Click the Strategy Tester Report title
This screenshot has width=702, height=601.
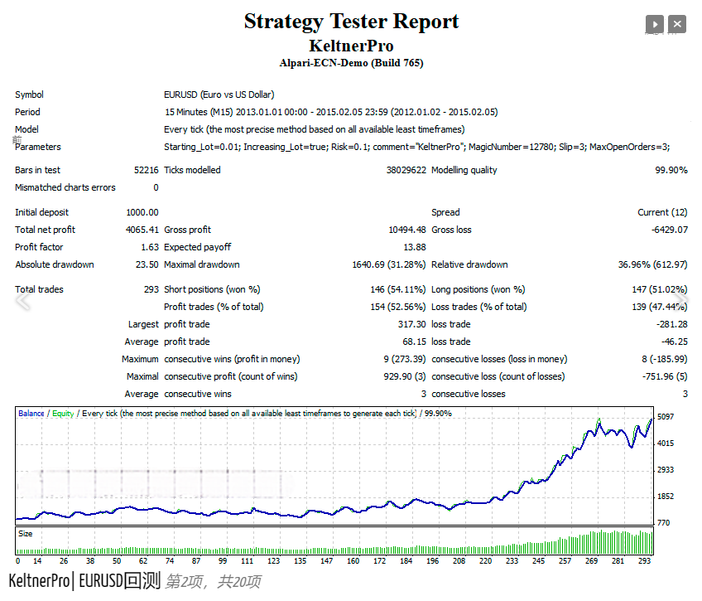click(351, 22)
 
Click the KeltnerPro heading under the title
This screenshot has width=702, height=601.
click(351, 46)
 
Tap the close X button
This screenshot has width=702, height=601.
click(677, 25)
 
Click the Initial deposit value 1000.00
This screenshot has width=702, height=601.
click(142, 212)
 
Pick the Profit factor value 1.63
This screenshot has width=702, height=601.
click(149, 247)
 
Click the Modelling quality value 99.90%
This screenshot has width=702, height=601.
click(671, 170)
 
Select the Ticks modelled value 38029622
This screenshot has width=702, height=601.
click(406, 170)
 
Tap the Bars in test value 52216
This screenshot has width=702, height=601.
click(146, 170)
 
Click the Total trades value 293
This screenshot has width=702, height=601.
click(150, 289)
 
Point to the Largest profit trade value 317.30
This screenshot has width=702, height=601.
click(411, 324)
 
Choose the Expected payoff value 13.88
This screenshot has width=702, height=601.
click(415, 247)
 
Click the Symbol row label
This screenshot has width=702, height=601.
click(29, 95)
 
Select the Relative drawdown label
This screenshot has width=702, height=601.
click(469, 264)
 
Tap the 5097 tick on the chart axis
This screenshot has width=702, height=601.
click(665, 416)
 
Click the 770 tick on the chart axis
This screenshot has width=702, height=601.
click(664, 523)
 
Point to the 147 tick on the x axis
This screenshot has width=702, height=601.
click(326, 561)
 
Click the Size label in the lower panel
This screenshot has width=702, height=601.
click(26, 534)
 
